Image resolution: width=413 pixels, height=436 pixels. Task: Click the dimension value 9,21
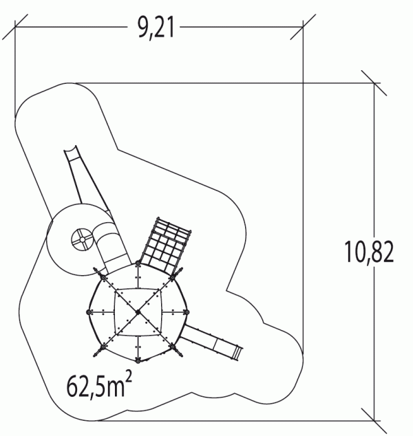(156, 28)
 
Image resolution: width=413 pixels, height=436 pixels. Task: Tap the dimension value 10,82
(369, 252)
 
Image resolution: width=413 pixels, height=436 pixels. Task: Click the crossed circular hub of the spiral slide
(83, 239)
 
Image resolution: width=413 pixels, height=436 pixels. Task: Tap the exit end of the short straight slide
(238, 353)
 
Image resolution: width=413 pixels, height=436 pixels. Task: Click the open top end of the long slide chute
(70, 149)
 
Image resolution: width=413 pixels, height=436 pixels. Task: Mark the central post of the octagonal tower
(138, 312)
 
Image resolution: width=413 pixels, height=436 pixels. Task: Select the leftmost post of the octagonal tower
(89, 312)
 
